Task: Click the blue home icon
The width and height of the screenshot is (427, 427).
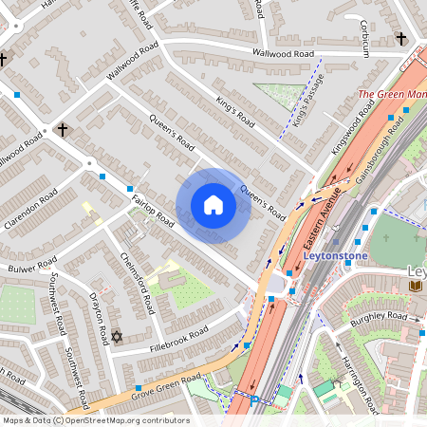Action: click(213, 205)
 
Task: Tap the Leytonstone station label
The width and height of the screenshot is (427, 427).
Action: click(334, 255)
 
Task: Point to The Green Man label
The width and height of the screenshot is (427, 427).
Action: click(392, 95)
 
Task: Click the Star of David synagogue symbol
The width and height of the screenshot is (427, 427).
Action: click(118, 337)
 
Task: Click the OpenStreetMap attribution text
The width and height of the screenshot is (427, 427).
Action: click(96, 420)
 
